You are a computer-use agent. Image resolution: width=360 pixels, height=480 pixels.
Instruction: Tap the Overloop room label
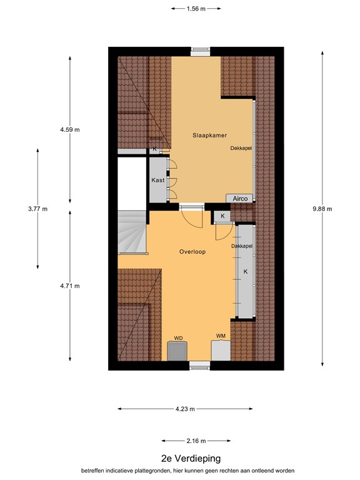point(192,252)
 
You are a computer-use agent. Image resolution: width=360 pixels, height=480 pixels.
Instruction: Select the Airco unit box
point(240,198)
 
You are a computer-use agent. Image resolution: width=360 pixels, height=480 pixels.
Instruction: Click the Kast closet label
point(157,180)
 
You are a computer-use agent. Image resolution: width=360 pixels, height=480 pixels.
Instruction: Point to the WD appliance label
point(178,338)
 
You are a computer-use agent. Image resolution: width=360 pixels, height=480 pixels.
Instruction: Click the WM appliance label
point(221,336)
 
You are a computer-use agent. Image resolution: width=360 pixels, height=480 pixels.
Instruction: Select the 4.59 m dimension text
point(70,129)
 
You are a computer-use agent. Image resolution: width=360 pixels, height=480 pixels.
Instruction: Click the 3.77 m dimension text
point(37,209)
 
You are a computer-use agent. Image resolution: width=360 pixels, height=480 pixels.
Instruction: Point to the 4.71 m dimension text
point(70,286)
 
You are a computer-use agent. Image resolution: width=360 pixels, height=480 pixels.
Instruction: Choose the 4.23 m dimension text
point(185,409)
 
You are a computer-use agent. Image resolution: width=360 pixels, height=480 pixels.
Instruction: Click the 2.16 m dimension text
point(196,441)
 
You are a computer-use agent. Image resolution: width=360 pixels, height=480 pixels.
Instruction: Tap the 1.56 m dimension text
point(196,9)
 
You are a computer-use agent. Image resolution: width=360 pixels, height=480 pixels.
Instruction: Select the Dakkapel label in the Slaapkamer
point(241,149)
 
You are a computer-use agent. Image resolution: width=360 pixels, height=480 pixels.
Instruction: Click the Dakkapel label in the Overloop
point(241,247)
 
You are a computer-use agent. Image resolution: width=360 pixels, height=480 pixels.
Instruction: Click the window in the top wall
point(200,51)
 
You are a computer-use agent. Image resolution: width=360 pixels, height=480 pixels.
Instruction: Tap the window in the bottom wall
point(200,366)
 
